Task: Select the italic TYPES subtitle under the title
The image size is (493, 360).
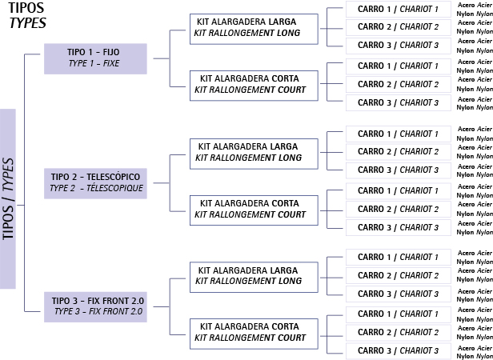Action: click(27, 23)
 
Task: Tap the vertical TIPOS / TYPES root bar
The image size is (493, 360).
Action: click(8, 198)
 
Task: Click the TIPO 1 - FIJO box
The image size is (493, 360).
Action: click(95, 58)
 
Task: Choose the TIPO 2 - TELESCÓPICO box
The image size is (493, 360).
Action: click(95, 182)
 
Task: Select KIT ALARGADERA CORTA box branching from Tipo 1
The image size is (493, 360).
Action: click(253, 85)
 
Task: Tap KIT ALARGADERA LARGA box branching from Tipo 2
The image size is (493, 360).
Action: click(253, 152)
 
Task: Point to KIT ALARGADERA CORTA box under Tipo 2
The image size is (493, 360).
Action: click(253, 209)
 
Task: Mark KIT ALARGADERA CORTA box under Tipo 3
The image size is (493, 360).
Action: click(253, 332)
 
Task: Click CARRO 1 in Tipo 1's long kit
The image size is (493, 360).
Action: click(398, 9)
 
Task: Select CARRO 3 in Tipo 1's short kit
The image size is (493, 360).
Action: click(398, 102)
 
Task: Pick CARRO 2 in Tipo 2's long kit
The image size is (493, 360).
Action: click(398, 152)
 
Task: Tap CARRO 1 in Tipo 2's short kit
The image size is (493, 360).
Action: click(398, 190)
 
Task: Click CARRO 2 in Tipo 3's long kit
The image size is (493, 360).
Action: click(398, 275)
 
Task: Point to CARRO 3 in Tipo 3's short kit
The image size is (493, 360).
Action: click(398, 350)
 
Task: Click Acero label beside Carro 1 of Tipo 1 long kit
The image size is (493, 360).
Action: click(466, 5)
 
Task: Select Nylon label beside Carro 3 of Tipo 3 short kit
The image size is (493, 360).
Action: click(465, 354)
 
